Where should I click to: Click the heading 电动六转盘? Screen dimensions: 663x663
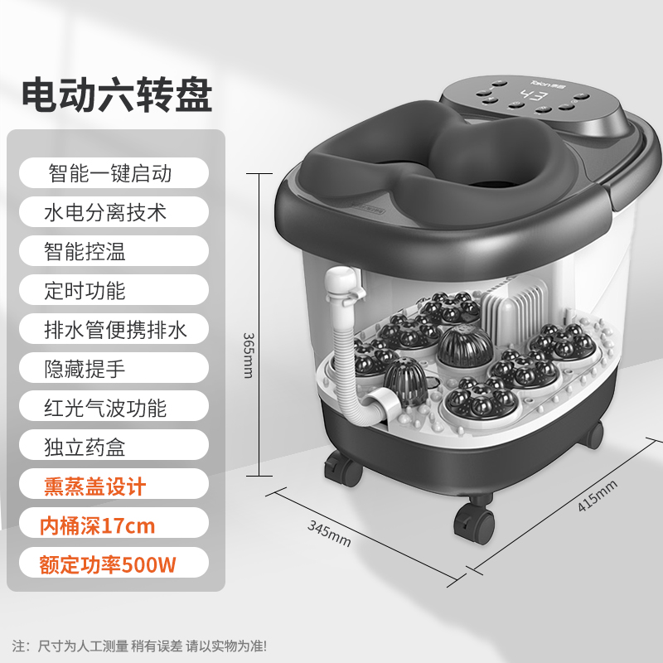point(117,94)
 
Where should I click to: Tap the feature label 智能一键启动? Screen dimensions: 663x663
point(110,173)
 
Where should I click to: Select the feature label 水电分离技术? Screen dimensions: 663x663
point(105,212)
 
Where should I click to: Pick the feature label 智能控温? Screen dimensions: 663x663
point(85,251)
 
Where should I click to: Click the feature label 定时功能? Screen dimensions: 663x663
point(85,291)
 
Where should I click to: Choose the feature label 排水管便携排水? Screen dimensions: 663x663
point(115,329)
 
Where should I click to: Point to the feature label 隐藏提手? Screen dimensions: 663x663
point(85,368)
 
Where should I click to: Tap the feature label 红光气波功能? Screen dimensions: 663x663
point(105,408)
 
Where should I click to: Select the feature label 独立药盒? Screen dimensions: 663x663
point(85,447)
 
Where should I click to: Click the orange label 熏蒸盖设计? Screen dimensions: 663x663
point(95,486)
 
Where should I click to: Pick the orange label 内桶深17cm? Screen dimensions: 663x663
point(97,525)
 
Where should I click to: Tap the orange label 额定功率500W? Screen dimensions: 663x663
point(108,564)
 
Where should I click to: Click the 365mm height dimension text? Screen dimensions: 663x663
point(249,356)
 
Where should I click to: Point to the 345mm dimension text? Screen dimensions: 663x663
point(329,533)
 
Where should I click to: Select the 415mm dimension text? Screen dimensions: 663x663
point(598,496)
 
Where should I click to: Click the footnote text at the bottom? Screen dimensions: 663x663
point(139,646)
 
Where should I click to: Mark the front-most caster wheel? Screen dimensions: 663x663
point(473,521)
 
